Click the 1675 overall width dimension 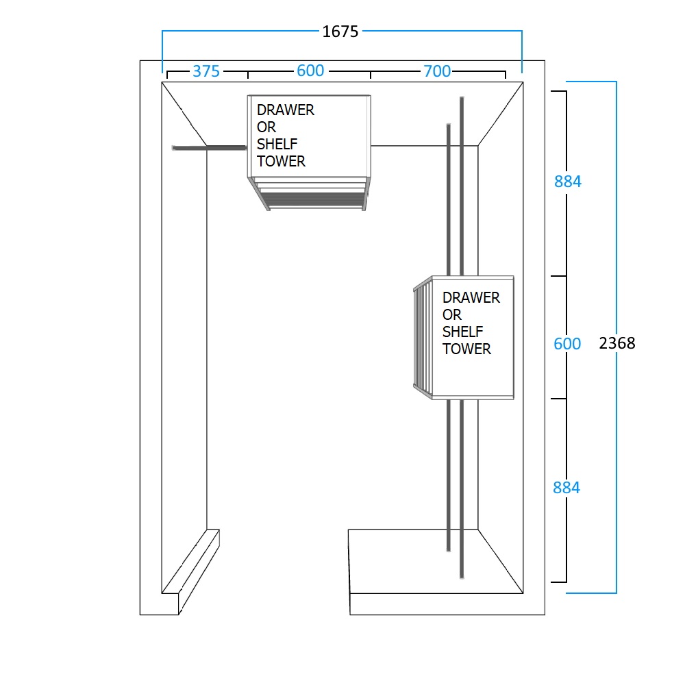click(x=340, y=32)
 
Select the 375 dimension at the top click(x=206, y=71)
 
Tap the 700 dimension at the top click(x=437, y=71)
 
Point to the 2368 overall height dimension click(x=617, y=343)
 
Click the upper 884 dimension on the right click(x=567, y=182)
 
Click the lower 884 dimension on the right click(x=566, y=488)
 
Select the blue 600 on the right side click(x=567, y=344)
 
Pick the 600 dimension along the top click(x=310, y=71)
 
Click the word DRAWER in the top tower click(x=286, y=110)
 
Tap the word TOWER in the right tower click(x=466, y=349)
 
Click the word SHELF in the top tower click(x=277, y=145)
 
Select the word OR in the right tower click(x=452, y=315)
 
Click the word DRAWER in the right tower click(x=471, y=298)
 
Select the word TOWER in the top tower click(x=281, y=162)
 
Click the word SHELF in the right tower click(x=463, y=332)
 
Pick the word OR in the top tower click(x=266, y=127)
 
